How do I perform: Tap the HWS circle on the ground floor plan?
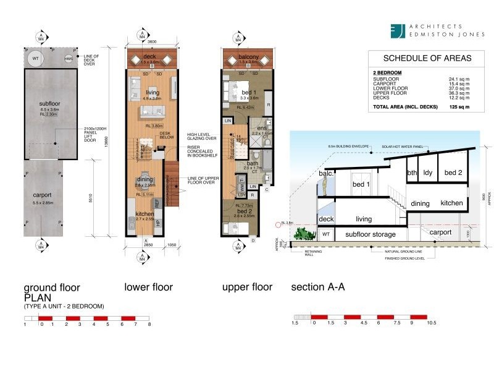coord(69,59)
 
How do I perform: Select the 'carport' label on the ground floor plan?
coord(42,195)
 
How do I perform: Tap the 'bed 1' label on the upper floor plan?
coord(241,92)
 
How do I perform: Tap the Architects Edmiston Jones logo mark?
coord(400,31)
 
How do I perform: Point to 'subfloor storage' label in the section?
coord(371,234)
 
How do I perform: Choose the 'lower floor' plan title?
coord(149,288)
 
